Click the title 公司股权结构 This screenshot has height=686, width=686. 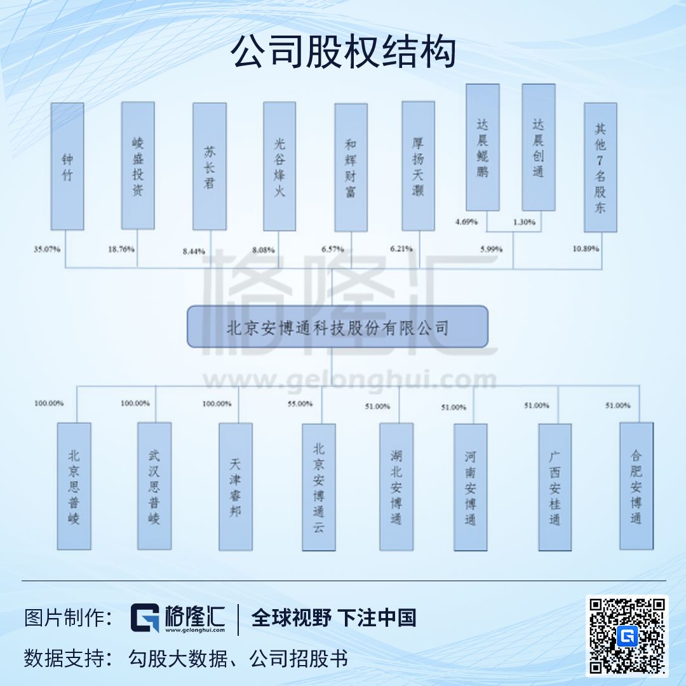pos(343,52)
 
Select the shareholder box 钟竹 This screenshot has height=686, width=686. pos(67,166)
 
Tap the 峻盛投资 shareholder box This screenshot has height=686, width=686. pos(138,166)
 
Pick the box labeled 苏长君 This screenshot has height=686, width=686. pos(210,166)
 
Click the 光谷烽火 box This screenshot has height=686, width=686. pos(279,166)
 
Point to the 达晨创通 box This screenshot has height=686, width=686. pos(539,147)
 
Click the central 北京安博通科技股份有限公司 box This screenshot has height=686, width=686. pos(337,327)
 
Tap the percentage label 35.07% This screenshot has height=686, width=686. pos(48,250)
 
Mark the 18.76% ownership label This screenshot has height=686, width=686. pos(121,250)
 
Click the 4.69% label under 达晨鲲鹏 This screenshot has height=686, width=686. pos(467,222)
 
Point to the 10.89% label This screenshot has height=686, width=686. pos(586,249)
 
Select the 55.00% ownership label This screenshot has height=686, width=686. pos(300,403)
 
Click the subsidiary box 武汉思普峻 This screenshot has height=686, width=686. pos(154,486)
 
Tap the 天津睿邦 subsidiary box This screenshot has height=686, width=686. pos(236,487)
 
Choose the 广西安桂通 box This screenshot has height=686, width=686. pos(555,487)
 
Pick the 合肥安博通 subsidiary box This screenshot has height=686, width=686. pos(636,486)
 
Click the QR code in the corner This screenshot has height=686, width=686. pos(627,636)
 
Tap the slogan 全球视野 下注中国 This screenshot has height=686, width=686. pos(334,618)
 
